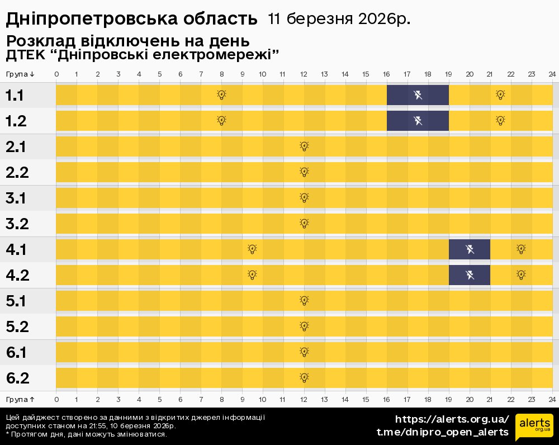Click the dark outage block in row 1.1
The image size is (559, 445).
click(418, 95)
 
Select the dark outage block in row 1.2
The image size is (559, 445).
click(418, 121)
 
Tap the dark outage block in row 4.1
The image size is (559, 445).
click(470, 249)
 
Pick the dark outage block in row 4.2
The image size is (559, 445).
click(470, 275)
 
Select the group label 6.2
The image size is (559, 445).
click(18, 378)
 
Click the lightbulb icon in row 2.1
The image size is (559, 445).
click(304, 146)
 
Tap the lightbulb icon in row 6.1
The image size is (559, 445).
click(304, 352)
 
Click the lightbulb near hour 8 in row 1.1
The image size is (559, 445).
click(221, 95)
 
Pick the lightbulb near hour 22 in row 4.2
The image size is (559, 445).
click(521, 275)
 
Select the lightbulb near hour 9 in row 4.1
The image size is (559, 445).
click(252, 249)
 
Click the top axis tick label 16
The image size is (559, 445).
click(386, 74)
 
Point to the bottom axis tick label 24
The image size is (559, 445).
click(552, 399)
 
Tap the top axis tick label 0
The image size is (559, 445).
click(56, 74)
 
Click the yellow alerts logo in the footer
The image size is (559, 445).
click(534, 427)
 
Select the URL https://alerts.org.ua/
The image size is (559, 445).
click(452, 419)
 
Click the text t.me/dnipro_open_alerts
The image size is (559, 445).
click(443, 432)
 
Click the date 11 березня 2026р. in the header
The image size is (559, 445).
click(339, 19)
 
